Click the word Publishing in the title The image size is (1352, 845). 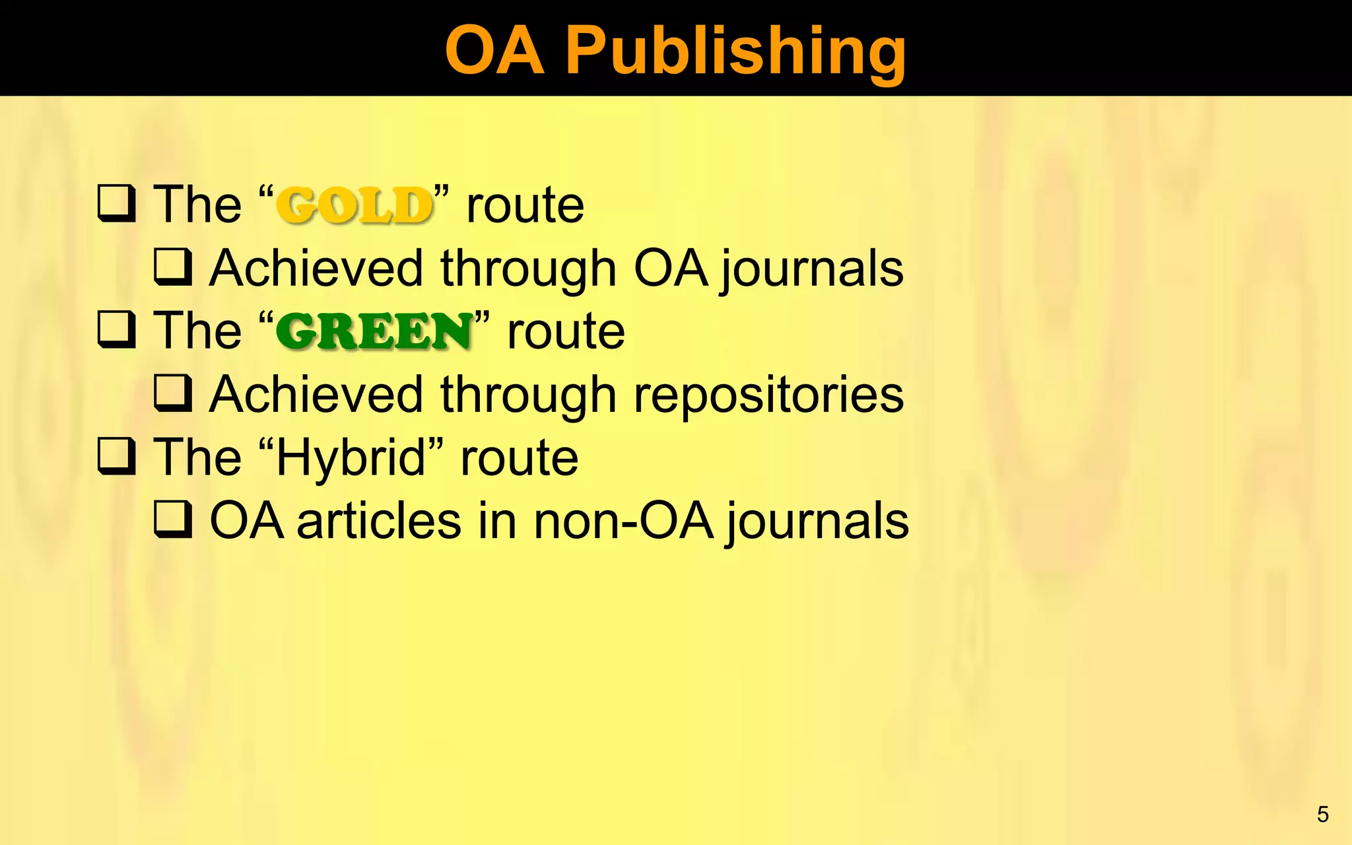point(735,51)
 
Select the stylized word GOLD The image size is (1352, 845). point(355,205)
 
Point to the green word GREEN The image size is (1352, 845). point(374,331)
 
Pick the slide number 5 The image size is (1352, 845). point(1322,814)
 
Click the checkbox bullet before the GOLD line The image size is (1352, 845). point(117,203)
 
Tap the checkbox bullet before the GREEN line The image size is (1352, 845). point(117,329)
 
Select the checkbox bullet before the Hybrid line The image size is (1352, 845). point(117,456)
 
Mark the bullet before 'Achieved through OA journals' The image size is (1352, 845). point(173,267)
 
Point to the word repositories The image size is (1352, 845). point(768,395)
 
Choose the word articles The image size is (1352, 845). point(379,521)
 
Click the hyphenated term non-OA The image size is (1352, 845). point(623,521)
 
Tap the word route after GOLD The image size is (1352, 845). point(525,205)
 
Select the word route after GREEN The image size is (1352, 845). point(566,331)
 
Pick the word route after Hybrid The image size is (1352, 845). point(519,457)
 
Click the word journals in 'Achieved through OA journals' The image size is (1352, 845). point(811,269)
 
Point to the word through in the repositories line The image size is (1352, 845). point(528,395)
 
